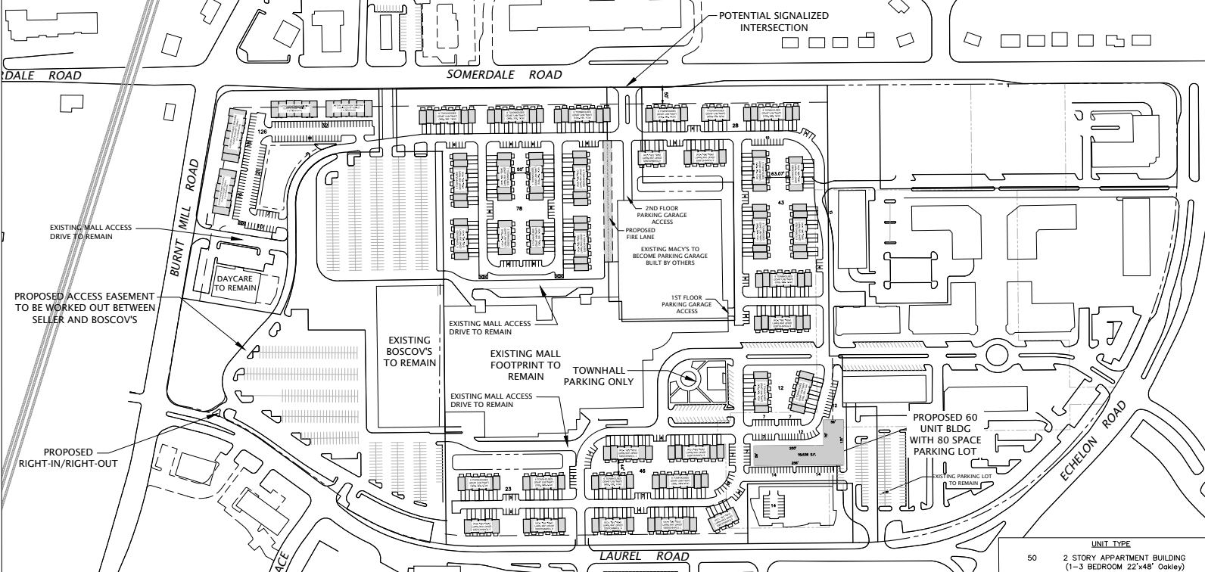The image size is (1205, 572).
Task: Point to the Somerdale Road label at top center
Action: point(504,75)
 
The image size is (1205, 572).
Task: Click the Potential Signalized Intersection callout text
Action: point(773,21)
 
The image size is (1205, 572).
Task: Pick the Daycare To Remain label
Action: point(235,282)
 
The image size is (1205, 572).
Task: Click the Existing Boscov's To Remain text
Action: point(409,352)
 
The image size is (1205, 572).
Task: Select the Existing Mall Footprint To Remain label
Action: point(525,365)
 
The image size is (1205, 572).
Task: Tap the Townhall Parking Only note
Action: point(602,376)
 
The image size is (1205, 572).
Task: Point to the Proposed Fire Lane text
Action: point(641,234)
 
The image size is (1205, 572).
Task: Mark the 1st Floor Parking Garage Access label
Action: point(687,304)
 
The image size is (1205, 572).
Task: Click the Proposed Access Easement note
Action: point(86,307)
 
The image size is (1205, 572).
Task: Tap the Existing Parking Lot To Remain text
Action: point(960,480)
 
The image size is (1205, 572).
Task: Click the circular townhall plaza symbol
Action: point(688,379)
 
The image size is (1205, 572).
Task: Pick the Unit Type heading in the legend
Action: point(1111,543)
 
